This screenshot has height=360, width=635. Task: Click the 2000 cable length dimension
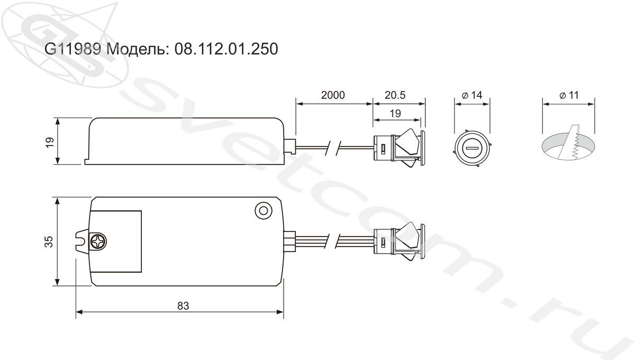tap(333, 95)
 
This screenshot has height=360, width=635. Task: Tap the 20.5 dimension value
tap(395, 95)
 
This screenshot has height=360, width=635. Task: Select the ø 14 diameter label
tap(472, 95)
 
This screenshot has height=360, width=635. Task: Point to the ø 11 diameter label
tap(569, 95)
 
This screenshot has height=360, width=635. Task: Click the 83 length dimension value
tap(183, 306)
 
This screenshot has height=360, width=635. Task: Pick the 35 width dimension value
tap(49, 242)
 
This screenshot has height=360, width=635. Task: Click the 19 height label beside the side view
tap(50, 142)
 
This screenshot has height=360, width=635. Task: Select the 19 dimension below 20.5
tap(395, 114)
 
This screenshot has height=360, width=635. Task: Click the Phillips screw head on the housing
tap(98, 242)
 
